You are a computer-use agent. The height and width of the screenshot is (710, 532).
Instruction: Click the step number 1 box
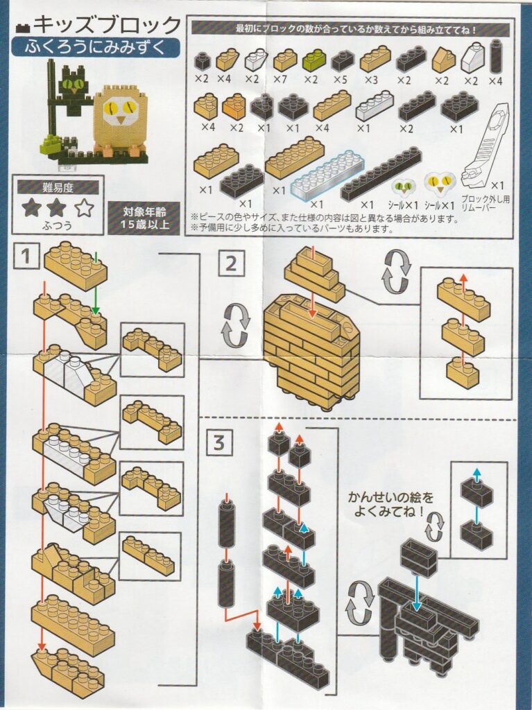[x=26, y=257]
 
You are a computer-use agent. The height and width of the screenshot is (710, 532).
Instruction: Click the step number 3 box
[x=219, y=442]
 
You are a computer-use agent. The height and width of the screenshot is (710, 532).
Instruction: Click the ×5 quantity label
[x=342, y=79]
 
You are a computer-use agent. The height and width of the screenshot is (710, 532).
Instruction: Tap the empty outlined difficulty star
[x=85, y=208]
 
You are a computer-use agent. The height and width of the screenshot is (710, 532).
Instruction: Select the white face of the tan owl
[x=119, y=112]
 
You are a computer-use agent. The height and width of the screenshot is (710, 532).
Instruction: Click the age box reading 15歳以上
[x=144, y=218]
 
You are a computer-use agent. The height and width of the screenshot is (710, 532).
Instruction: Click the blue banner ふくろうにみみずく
[x=96, y=47]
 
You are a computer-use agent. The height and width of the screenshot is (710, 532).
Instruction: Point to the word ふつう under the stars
[x=58, y=225]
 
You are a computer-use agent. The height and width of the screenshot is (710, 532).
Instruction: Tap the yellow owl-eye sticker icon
[x=439, y=182]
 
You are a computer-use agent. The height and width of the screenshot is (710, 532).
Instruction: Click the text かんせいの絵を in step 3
[x=391, y=498]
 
